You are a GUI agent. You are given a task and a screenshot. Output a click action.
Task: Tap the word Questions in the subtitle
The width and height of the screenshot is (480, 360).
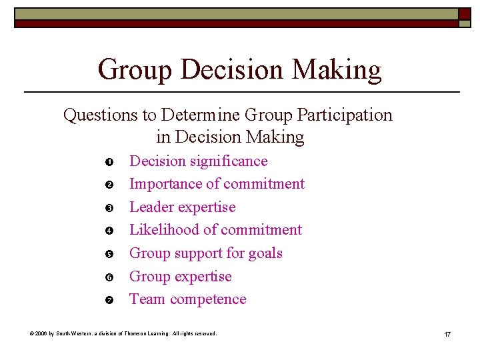[100, 115]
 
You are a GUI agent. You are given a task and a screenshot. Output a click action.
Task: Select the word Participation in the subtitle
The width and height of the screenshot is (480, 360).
[345, 115]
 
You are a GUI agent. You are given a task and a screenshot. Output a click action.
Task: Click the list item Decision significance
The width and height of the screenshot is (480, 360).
[198, 161]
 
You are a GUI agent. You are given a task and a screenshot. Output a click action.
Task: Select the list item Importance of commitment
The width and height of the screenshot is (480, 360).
[217, 184]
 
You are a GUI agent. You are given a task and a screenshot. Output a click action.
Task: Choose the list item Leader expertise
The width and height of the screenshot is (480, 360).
[182, 207]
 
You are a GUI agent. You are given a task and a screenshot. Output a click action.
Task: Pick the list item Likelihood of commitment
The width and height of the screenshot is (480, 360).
[215, 230]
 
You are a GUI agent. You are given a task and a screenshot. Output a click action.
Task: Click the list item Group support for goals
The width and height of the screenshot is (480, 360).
[205, 253]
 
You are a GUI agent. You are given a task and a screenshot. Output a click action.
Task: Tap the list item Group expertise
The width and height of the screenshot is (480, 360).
[180, 277]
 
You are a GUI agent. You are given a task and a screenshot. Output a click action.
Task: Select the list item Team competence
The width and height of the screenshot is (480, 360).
[187, 299]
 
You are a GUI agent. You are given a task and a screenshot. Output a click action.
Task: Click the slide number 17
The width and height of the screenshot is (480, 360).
[447, 333]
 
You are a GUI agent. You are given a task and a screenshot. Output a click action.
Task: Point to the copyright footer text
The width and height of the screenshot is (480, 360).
[123, 333]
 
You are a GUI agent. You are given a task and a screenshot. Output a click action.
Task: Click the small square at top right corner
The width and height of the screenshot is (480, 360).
[464, 14]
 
